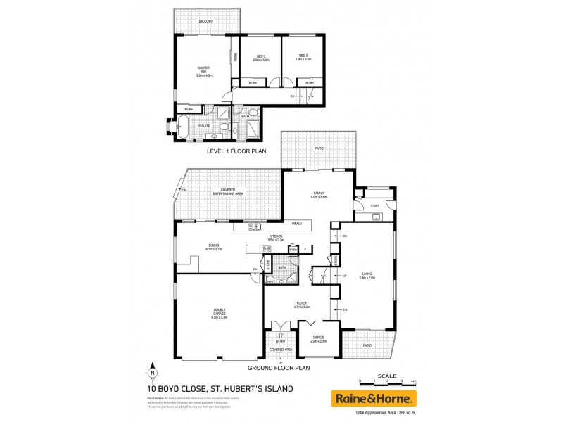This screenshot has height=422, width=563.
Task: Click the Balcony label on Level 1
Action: [205, 22]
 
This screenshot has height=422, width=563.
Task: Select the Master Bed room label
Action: [204, 71]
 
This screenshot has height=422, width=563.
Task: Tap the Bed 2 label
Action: [260, 58]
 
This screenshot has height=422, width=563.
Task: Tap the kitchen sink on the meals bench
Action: [253, 226]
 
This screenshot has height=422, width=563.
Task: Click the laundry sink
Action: [376, 215]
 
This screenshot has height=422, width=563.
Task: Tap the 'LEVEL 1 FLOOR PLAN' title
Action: [234, 151]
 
